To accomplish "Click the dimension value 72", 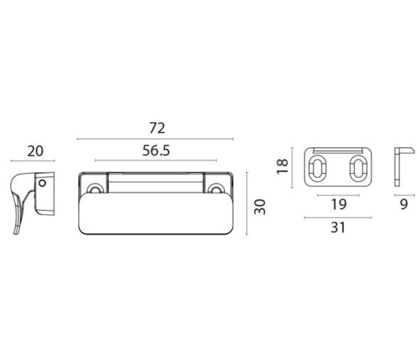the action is click(x=157, y=128).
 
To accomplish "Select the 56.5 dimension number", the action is click(x=156, y=150).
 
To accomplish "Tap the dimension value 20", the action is click(x=36, y=152).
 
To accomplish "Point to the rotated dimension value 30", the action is click(x=259, y=207).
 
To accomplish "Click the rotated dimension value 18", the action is click(x=282, y=166).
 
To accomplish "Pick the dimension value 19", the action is click(x=338, y=204).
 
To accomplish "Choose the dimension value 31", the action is click(x=338, y=228).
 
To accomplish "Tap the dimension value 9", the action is click(x=404, y=204).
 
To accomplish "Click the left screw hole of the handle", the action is click(x=95, y=188).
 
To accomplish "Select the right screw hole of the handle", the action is click(x=215, y=188).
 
